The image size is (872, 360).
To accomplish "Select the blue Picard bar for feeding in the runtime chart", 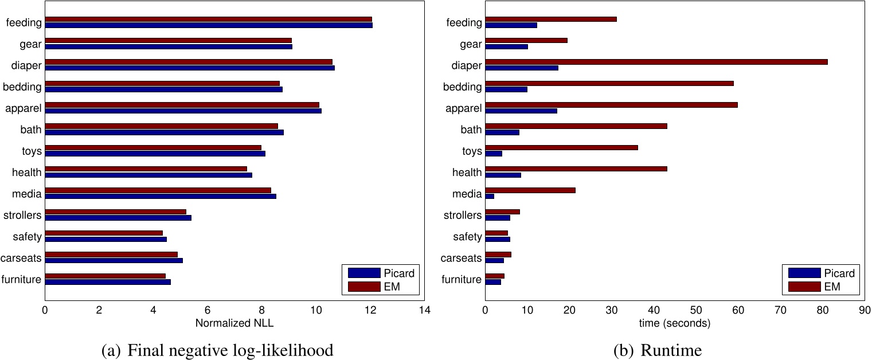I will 511,25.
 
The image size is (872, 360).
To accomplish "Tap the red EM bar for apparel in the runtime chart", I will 611,105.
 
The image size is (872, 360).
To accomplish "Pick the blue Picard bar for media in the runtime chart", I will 490,196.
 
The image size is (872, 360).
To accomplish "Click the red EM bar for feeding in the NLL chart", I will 208,19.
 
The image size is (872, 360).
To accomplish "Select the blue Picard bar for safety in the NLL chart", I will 105,239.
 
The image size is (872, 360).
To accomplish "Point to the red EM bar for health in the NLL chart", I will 146,169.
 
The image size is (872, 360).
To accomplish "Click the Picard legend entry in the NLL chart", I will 381,273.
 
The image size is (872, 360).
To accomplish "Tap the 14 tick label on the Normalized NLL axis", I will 424,311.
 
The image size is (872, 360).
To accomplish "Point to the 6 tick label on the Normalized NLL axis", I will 207,311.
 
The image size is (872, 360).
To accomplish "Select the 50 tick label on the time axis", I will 695,311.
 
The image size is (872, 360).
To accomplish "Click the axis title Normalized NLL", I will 234,323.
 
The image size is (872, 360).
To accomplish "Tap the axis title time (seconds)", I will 675,323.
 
